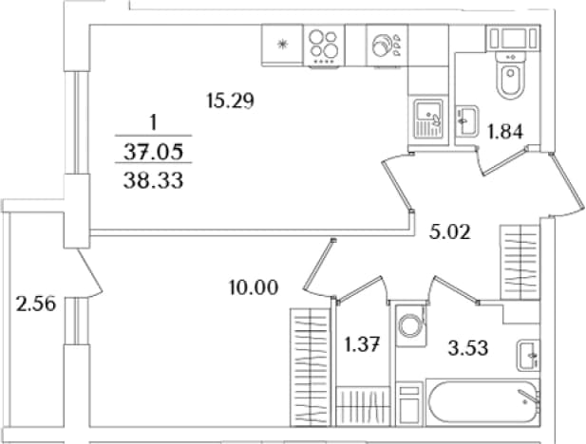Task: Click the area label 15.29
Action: [x=230, y=101]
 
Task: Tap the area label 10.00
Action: [x=254, y=287]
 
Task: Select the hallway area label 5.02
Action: [x=450, y=231]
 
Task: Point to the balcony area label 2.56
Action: [x=36, y=304]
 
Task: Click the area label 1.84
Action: [x=505, y=132]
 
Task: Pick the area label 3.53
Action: [x=468, y=348]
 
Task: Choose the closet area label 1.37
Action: [x=362, y=344]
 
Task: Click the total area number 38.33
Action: [x=153, y=181]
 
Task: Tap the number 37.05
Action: [x=153, y=152]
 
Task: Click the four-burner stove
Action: [x=324, y=46]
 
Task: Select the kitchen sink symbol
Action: [x=428, y=119]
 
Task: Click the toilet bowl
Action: [x=511, y=76]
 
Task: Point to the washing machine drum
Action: [x=410, y=325]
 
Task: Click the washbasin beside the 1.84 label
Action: [x=466, y=120]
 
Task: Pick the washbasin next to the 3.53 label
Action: [x=528, y=355]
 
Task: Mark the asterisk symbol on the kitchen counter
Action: [x=282, y=45]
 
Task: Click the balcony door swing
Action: [x=89, y=273]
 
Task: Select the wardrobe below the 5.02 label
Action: [x=520, y=262]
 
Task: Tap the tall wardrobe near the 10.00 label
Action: [x=311, y=367]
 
